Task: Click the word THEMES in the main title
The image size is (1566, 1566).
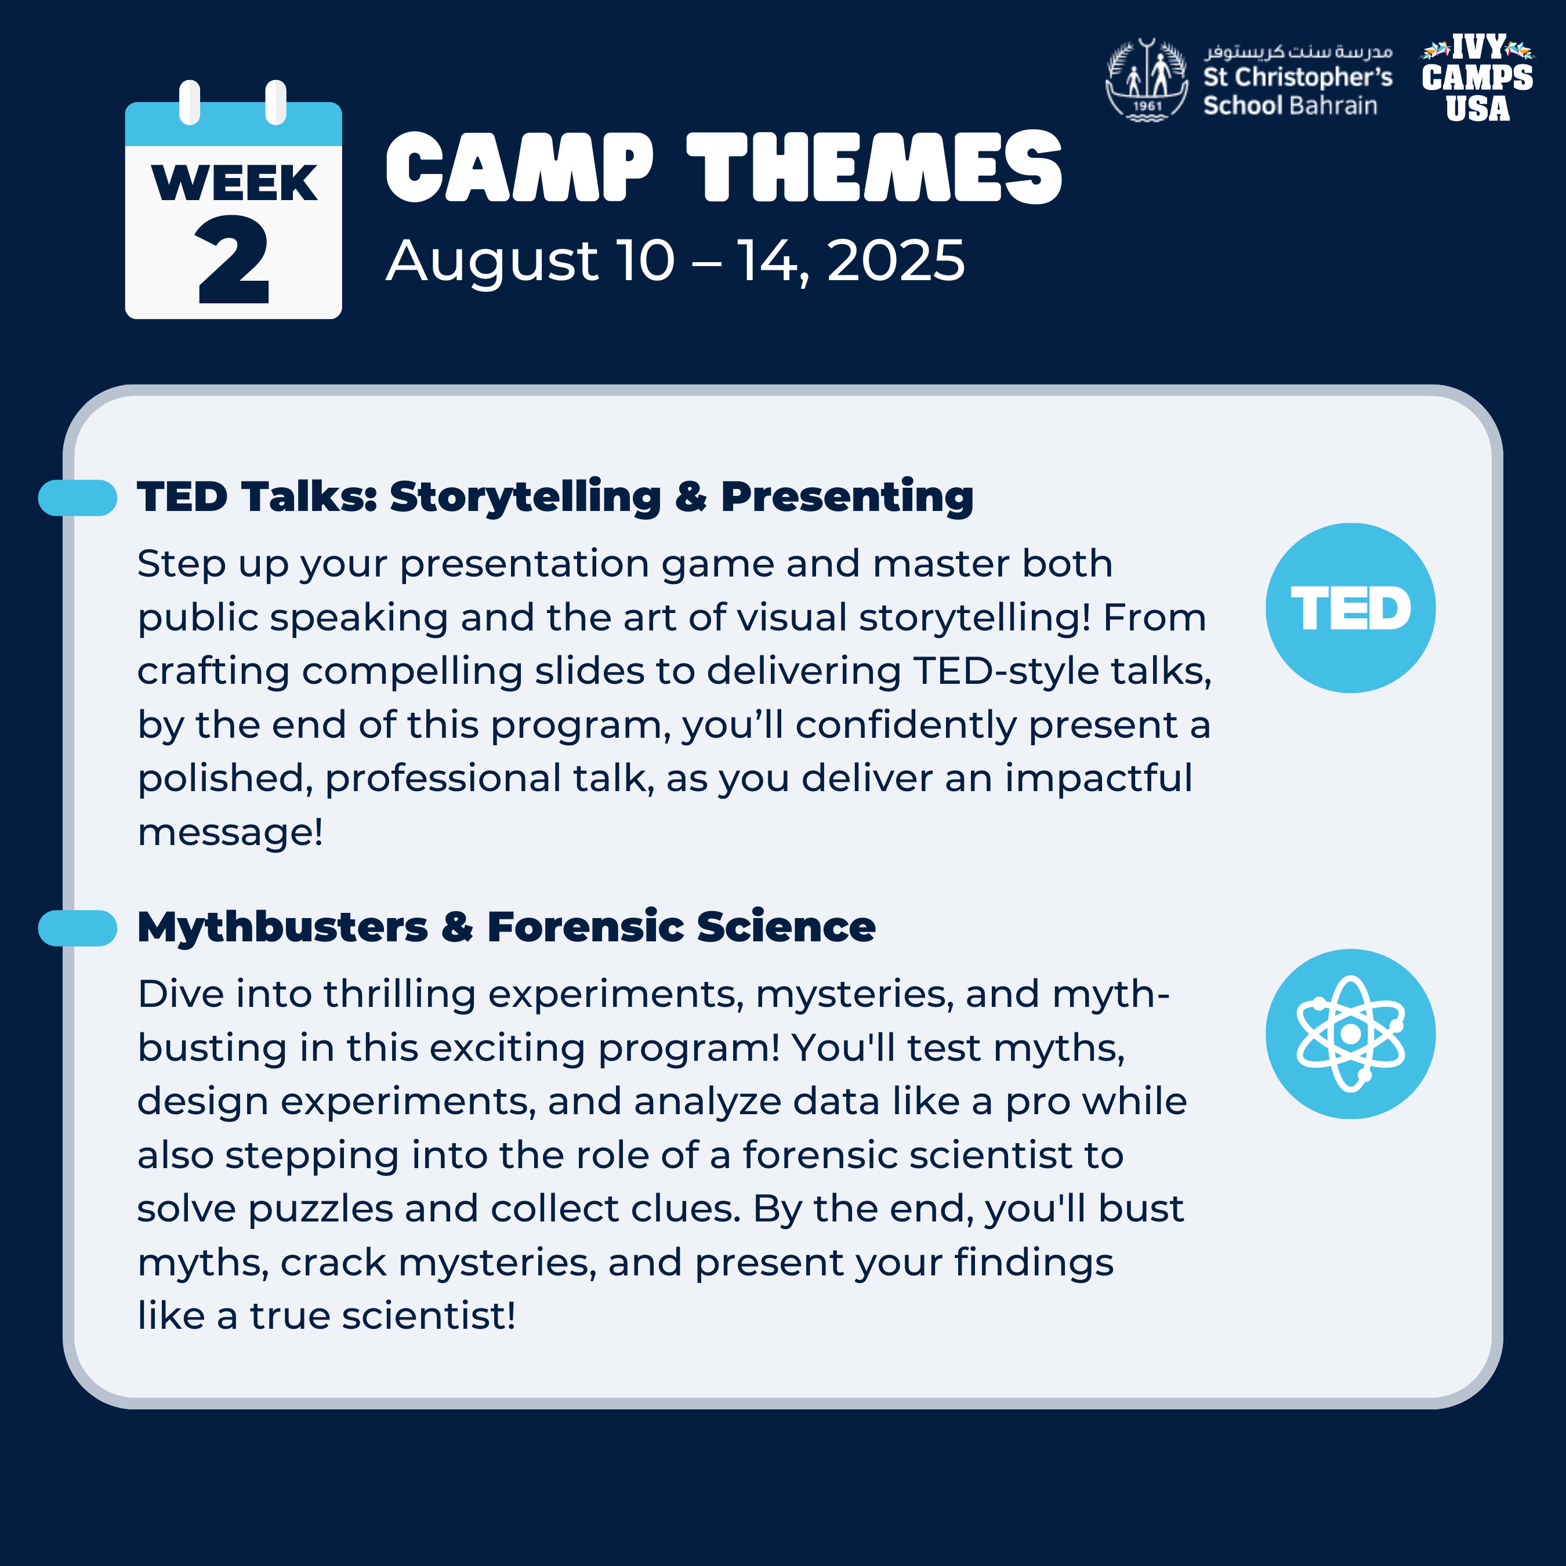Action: coord(875,168)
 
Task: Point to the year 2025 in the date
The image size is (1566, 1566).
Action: coord(896,261)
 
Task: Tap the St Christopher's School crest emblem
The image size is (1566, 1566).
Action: coord(1147,80)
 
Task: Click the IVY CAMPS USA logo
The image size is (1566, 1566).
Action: coord(1477,78)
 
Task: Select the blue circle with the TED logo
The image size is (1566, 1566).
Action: coord(1350,608)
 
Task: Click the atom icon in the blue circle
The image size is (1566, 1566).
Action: coord(1350,1034)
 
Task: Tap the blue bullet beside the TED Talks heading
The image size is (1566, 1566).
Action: coord(78,498)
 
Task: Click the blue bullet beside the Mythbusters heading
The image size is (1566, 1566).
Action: coord(78,928)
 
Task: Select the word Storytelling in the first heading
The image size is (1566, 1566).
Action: coord(525,498)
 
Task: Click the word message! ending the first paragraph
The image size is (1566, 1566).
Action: coord(230,832)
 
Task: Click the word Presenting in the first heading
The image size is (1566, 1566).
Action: coord(847,498)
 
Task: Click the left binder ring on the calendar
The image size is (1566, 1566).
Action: coord(190,102)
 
